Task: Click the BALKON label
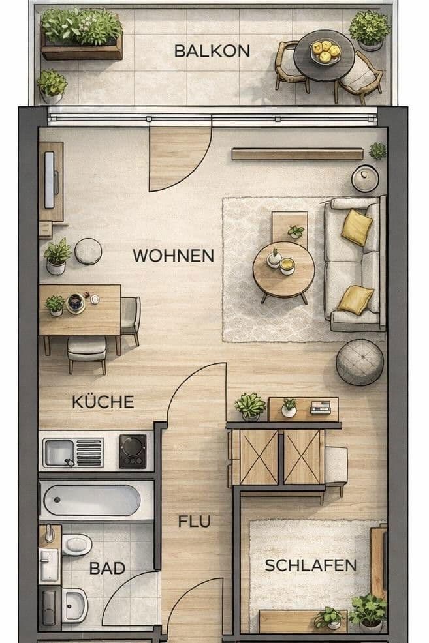tap(212, 52)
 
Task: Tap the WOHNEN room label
tap(173, 256)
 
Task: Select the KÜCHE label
tap(103, 402)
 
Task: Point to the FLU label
tap(195, 521)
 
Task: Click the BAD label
tap(107, 569)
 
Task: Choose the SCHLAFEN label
tap(311, 565)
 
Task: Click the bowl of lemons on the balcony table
tap(325, 52)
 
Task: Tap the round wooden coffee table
tap(283, 270)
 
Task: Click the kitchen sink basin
tap(59, 453)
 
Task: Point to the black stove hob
tap(133, 451)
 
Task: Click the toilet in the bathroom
tap(76, 545)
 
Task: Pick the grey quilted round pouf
tap(360, 363)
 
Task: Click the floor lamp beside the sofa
tap(365, 179)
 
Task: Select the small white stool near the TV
tap(88, 251)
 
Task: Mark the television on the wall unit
tap(50, 180)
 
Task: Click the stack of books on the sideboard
tap(320, 407)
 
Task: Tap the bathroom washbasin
tap(74, 606)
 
